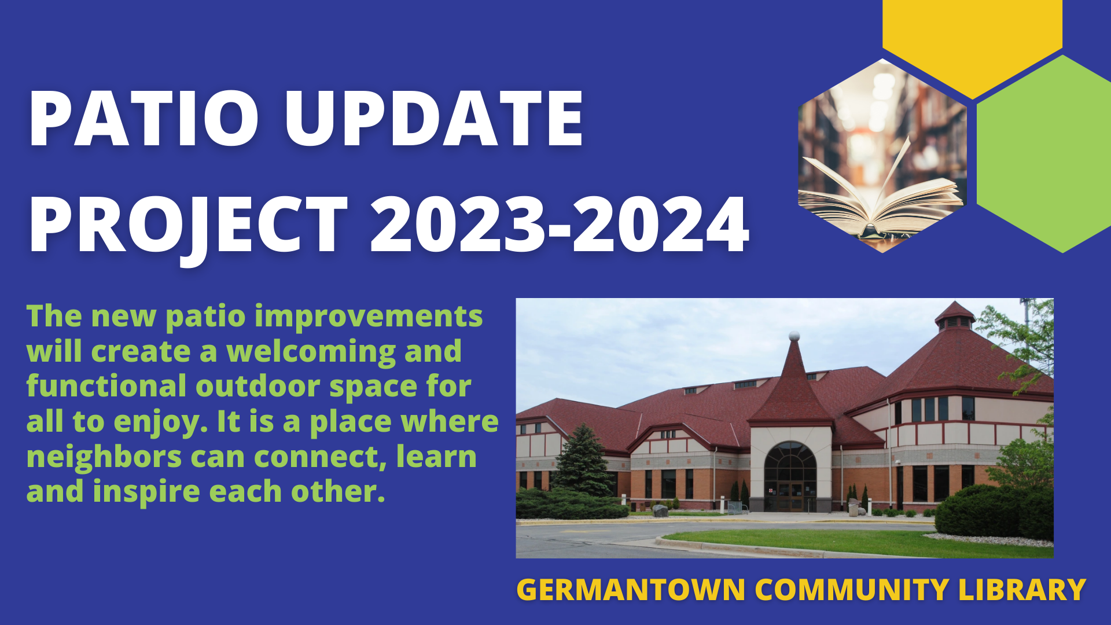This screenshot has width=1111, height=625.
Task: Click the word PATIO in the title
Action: pos(144,119)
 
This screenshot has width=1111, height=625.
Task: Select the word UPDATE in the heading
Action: pos(434,119)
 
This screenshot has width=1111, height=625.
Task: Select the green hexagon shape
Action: pos(1044,154)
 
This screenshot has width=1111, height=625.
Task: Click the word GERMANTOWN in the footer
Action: pos(631,590)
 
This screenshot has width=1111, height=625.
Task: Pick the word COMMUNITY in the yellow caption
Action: pos(852,590)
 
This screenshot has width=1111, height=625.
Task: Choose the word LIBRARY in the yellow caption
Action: pos(1022,590)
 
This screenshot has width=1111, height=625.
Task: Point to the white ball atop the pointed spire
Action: pos(794,336)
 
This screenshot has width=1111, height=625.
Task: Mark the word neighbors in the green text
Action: pos(104,457)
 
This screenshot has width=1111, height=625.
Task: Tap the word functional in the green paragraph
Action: pos(106,386)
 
